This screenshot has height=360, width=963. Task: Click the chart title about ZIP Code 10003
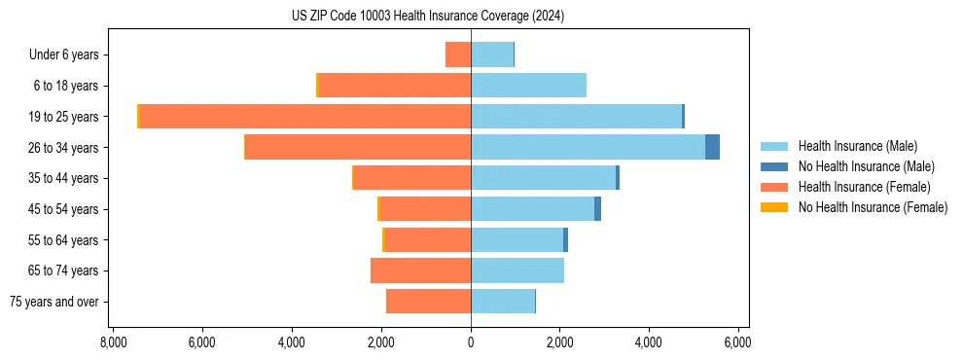(x=428, y=17)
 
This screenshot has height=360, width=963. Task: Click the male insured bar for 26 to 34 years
(x=588, y=147)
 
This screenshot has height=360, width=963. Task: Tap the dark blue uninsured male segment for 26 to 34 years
(x=712, y=147)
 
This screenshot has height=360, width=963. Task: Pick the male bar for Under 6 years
(x=492, y=54)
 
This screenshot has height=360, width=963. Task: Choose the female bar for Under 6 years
(x=458, y=54)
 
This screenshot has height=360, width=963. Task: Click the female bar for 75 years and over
(x=428, y=302)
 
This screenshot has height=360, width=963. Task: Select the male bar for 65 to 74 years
(x=517, y=270)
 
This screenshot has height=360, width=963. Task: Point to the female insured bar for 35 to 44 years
(x=412, y=178)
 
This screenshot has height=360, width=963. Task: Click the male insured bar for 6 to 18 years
(x=528, y=86)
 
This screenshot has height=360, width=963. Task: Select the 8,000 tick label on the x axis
(x=113, y=342)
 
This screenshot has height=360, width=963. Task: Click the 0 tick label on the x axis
(x=471, y=342)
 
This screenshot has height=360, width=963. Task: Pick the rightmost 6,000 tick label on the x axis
(x=737, y=342)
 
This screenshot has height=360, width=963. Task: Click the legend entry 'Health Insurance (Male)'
(x=857, y=146)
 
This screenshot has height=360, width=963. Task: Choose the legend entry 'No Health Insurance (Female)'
(x=873, y=207)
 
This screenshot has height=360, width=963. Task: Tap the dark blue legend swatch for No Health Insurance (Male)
(x=774, y=166)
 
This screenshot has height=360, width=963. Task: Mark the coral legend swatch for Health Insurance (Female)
(x=774, y=187)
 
